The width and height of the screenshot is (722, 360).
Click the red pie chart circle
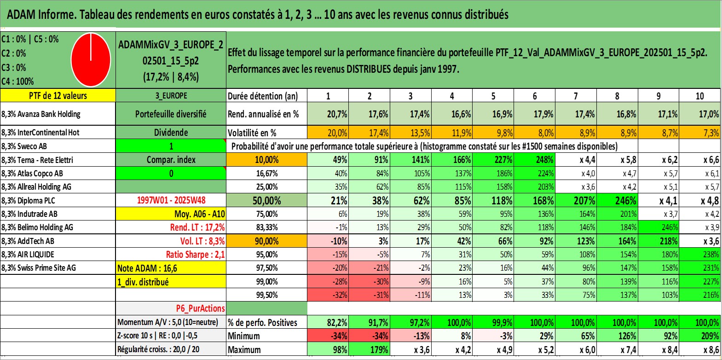point(91,59)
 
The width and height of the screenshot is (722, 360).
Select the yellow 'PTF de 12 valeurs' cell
point(58,96)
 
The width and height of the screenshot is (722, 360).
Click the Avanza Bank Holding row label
point(41,114)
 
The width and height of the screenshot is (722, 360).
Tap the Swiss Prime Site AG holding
point(39,268)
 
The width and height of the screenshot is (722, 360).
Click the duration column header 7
point(576,96)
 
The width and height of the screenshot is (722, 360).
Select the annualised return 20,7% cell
point(337,114)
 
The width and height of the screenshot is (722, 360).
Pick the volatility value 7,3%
point(711,133)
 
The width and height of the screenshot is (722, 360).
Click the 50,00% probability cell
point(266,201)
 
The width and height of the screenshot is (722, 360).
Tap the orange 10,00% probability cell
point(266,160)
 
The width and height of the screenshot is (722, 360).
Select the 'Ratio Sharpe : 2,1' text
point(195,255)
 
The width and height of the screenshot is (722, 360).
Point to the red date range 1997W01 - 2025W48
point(171,200)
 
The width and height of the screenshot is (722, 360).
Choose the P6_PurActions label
point(200,308)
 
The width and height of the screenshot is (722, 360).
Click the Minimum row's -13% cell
point(422,336)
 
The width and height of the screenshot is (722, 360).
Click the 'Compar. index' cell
point(171,160)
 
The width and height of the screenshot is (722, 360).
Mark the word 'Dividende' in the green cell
point(171,133)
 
